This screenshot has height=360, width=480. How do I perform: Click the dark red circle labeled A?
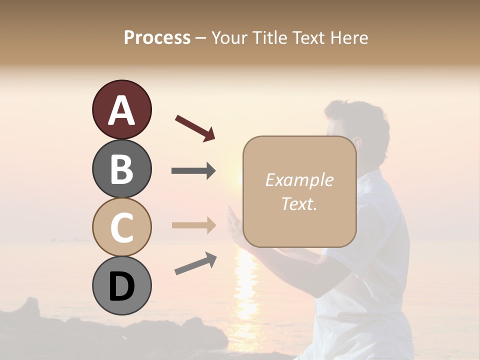(121, 110)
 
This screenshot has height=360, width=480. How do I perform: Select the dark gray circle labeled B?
(121, 168)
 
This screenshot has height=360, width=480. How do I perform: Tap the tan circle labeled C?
(121, 227)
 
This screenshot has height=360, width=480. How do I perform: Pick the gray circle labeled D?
(121, 285)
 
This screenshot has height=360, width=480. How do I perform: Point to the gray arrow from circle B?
(193, 171)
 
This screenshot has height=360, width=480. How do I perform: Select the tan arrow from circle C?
(193, 225)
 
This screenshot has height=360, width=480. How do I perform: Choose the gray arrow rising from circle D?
(195, 263)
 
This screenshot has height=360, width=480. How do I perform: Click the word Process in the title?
(157, 37)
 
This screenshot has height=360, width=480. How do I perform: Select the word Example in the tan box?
(299, 180)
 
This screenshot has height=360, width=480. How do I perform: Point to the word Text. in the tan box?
(299, 203)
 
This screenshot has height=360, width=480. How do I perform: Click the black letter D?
(121, 286)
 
